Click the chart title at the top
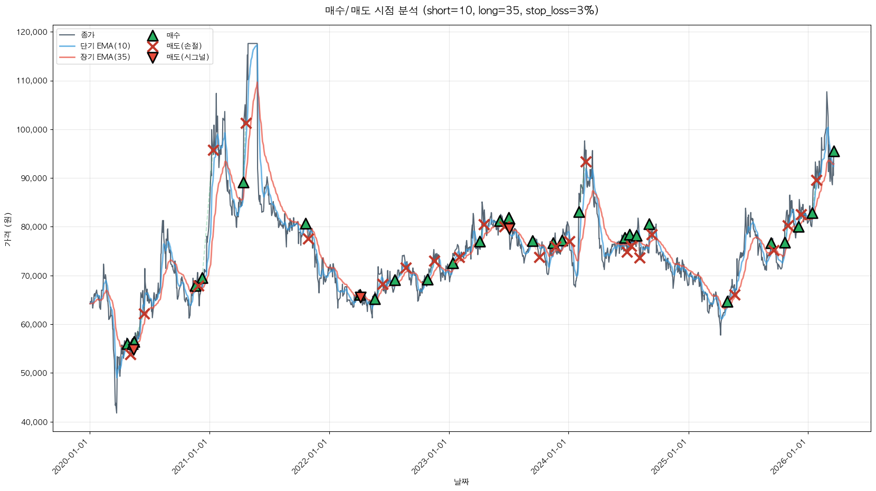[x=461, y=11]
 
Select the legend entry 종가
[x=88, y=35]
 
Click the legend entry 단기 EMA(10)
[x=105, y=46]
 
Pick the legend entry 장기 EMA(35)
[x=105, y=57]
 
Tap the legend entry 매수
[x=173, y=35]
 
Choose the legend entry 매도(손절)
[x=184, y=46]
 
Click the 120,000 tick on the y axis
[x=32, y=32]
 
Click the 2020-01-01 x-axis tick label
[x=71, y=457]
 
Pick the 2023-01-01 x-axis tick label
[x=430, y=457]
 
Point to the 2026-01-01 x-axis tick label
[x=789, y=457]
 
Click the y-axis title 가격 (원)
[x=7, y=230]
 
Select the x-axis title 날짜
[x=461, y=481]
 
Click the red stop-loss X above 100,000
[x=246, y=123]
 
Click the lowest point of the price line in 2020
[x=117, y=413]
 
